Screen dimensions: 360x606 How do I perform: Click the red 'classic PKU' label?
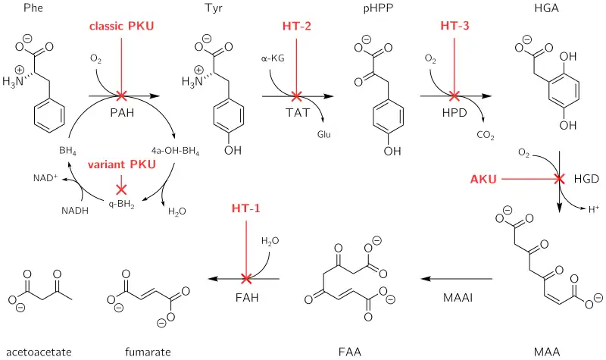[x=121, y=27]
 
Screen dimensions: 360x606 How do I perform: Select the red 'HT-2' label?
[x=296, y=27]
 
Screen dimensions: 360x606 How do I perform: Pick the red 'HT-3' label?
[x=454, y=27]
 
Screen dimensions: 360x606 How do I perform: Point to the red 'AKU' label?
[x=482, y=180]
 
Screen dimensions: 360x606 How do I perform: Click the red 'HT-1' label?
[x=245, y=207]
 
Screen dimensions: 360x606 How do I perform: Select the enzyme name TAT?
[x=296, y=112]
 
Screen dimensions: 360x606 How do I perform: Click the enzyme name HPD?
[x=454, y=112]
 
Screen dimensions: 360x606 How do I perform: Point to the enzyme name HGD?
[x=586, y=180]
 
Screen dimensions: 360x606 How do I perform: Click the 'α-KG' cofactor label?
[x=271, y=58]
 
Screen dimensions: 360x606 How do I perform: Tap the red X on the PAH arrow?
[x=121, y=96]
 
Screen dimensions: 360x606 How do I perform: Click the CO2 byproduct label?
[x=486, y=136]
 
